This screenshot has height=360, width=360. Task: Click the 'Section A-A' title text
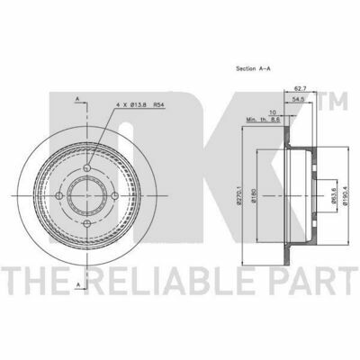click(254, 68)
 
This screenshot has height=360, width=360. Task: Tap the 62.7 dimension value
click(300, 89)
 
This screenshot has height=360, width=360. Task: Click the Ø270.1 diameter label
click(239, 196)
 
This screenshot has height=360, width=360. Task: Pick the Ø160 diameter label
click(254, 196)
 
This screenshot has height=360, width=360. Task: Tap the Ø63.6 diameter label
click(332, 196)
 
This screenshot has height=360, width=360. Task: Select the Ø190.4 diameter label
click(346, 196)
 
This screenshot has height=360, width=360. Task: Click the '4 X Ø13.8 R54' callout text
click(141, 105)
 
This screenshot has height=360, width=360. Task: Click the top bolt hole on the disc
click(87, 167)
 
